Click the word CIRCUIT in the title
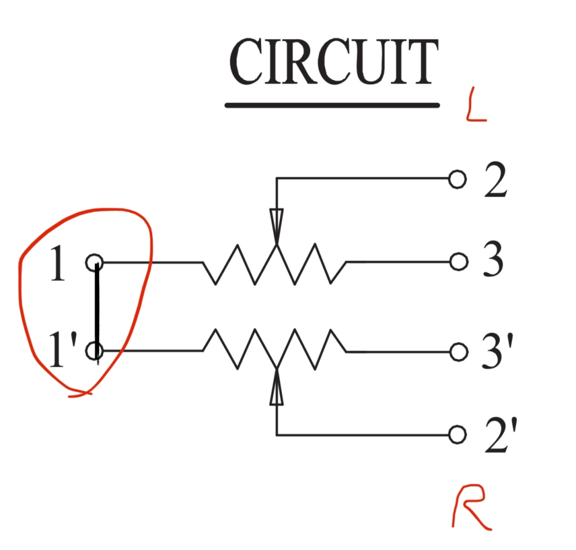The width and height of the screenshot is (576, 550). tap(333, 62)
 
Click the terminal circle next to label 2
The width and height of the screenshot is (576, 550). tap(457, 179)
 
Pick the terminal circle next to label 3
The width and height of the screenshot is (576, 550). tap(458, 262)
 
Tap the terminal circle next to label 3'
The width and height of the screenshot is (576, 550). tap(458, 351)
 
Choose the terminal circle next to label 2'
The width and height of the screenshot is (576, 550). tap(457, 434)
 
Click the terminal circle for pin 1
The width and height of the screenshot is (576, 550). tap(95, 263)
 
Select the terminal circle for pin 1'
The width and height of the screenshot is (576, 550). tap(95, 351)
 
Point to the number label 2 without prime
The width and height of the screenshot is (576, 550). tap(495, 180)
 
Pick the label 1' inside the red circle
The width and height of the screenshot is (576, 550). tap(59, 351)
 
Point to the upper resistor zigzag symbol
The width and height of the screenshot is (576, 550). tap(274, 264)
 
